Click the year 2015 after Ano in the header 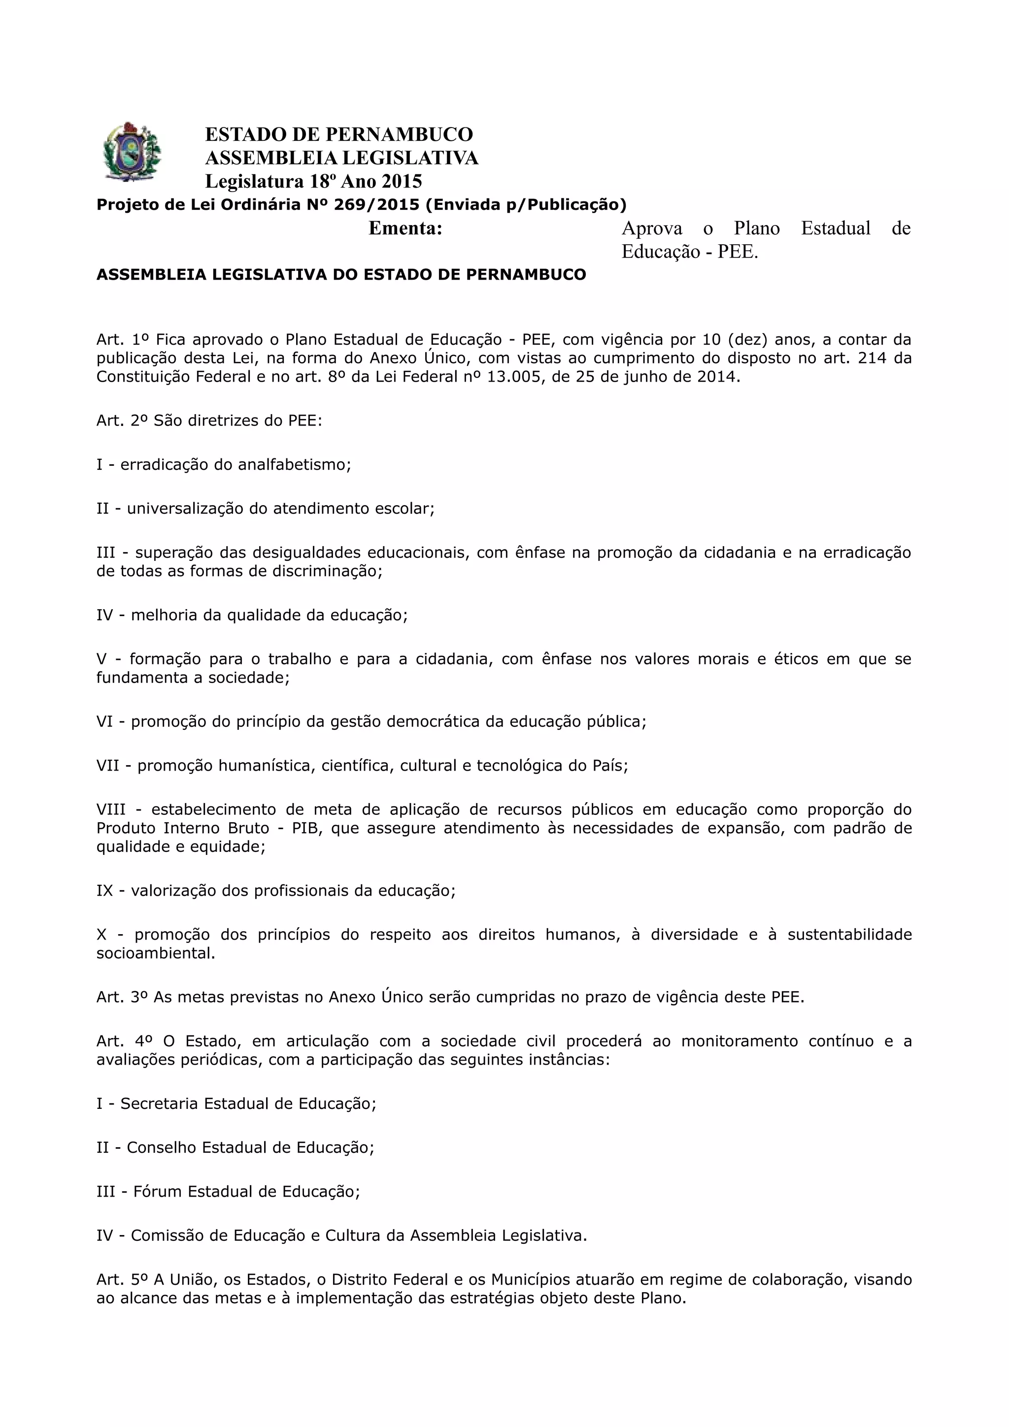[402, 182]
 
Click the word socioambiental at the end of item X [155, 953]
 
